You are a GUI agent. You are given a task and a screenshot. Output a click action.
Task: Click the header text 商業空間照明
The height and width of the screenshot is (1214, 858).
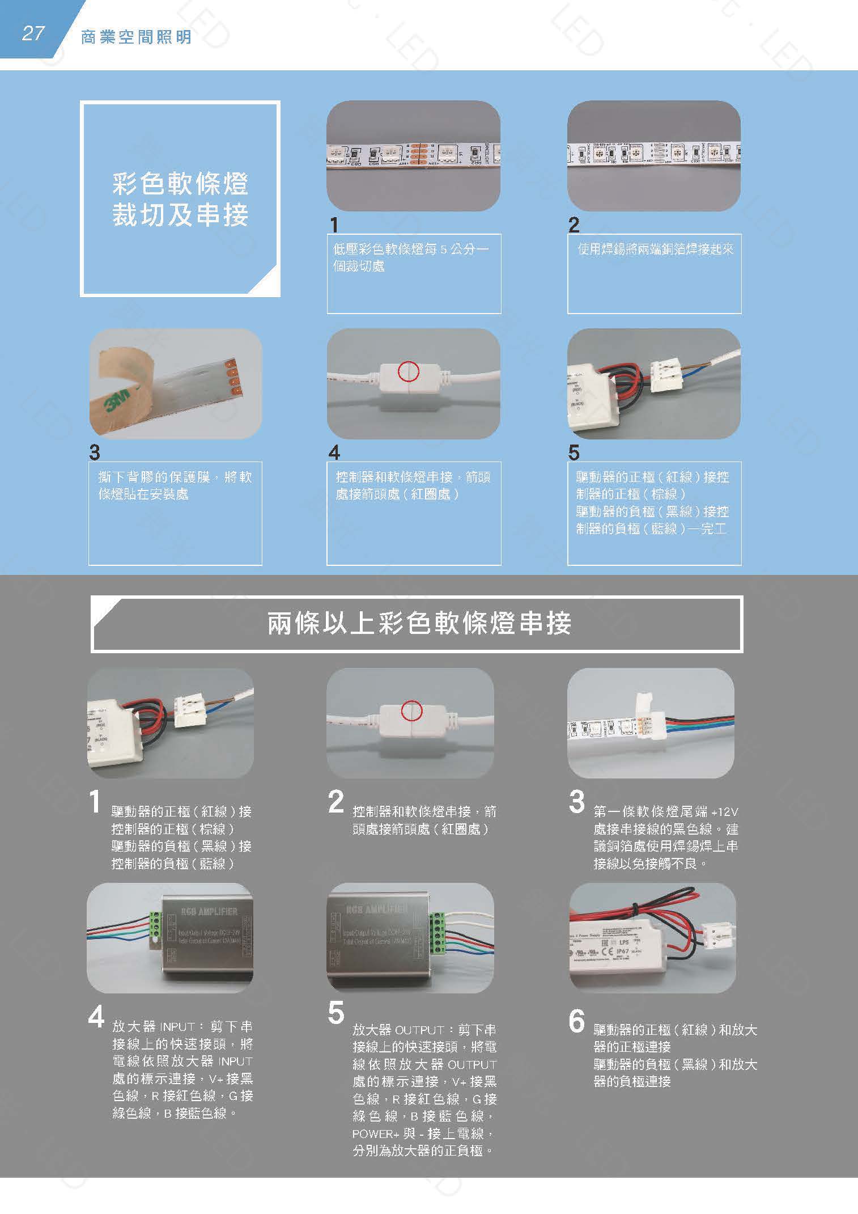tap(136, 37)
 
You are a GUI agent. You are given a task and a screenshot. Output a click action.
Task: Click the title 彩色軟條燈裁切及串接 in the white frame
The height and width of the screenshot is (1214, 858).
tap(180, 200)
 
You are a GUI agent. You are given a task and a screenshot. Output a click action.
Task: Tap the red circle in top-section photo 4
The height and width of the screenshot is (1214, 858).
tap(408, 371)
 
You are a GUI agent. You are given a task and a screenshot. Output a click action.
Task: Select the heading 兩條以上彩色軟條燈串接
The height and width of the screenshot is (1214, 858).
tap(419, 624)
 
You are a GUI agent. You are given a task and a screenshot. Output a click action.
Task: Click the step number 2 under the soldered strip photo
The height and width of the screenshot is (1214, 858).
tap(574, 225)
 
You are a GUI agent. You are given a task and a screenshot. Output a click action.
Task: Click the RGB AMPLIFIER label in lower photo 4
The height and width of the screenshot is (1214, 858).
tap(209, 912)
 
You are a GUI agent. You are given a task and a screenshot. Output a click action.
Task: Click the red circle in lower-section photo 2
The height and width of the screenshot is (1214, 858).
tap(411, 710)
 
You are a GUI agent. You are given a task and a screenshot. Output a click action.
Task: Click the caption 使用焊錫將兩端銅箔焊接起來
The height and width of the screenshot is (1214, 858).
tap(655, 249)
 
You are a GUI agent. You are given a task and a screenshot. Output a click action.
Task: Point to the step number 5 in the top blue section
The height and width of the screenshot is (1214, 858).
tap(574, 452)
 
